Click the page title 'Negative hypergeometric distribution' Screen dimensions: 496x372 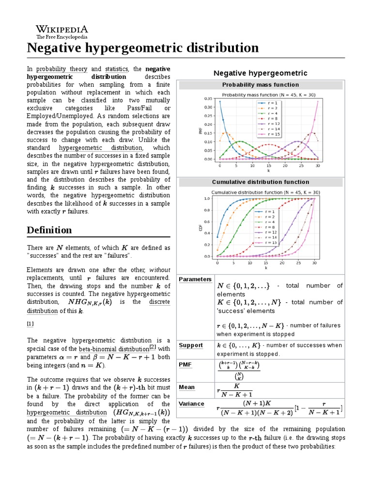[x=143, y=48]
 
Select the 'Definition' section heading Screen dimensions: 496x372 [x=49, y=230]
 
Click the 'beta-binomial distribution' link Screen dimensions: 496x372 [x=114, y=349]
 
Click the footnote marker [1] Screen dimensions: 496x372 [x=30, y=323]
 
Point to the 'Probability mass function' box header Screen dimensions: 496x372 [x=261, y=85]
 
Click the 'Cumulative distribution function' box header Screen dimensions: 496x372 [x=261, y=182]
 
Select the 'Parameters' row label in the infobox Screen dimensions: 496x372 [x=195, y=279]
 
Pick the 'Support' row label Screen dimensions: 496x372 [x=191, y=345]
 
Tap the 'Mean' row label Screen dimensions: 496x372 [x=187, y=387]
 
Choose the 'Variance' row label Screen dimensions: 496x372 [x=191, y=403]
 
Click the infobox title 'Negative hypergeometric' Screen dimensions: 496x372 [x=261, y=73]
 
